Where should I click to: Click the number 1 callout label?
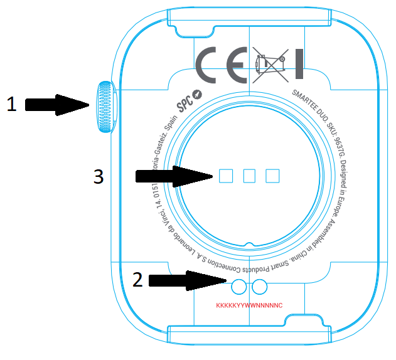11,104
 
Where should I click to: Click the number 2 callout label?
137,278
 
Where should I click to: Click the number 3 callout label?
98,177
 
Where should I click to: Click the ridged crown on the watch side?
105,106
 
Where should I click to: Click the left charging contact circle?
238,287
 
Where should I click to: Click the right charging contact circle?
259,287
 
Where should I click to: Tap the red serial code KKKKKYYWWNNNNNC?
250,305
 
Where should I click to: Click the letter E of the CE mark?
237,65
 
